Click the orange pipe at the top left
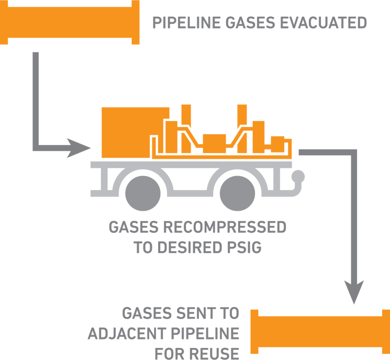click(70, 23)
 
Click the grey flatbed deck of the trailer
click(191, 164)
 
